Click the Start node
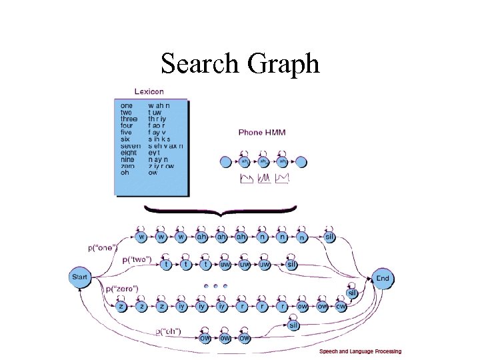(80, 277)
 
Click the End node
(383, 278)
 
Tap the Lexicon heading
(149, 91)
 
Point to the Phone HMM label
(262, 133)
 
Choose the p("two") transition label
(137, 259)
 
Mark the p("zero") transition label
(121, 289)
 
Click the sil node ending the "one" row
(329, 237)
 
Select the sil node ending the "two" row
(291, 265)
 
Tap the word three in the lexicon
(128, 119)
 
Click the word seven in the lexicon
(128, 146)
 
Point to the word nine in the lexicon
(127, 159)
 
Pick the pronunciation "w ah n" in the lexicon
(159, 105)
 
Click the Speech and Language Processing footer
(360, 351)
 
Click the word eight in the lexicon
(127, 153)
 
